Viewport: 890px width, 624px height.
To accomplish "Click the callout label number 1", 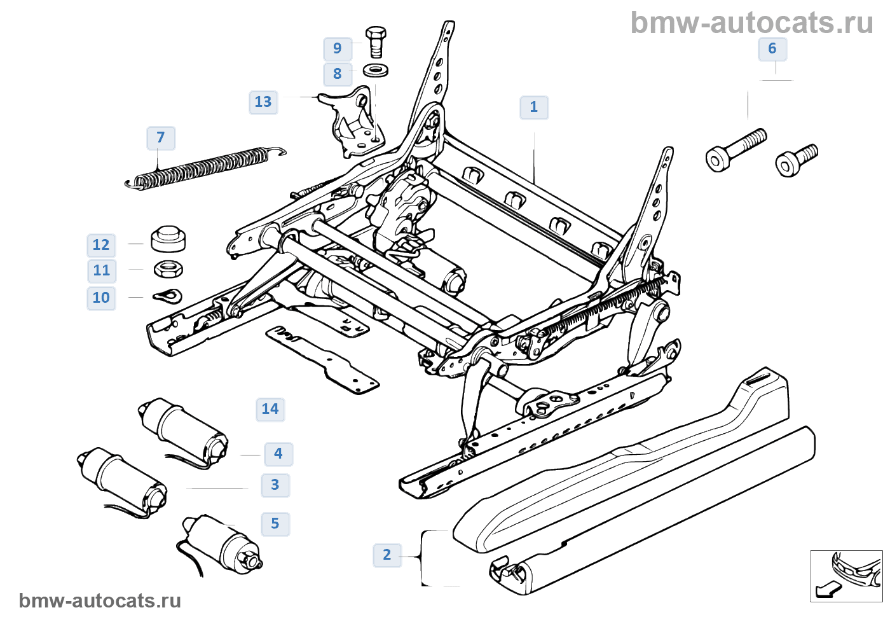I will (x=534, y=107).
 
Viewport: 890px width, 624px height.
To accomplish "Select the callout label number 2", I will (x=387, y=555).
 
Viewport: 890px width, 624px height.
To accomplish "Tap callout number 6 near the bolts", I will (x=772, y=49).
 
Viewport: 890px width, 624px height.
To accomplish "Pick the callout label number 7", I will (x=161, y=138).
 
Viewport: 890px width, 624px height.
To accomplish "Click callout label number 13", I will (x=263, y=102).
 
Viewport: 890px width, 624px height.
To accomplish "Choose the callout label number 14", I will (x=270, y=410).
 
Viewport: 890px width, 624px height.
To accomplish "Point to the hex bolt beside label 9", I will (x=376, y=41).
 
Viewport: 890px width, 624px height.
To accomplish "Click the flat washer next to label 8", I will (x=376, y=70).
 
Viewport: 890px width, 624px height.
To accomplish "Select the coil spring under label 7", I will (x=203, y=167).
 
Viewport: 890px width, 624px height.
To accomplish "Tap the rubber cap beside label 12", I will (x=168, y=239).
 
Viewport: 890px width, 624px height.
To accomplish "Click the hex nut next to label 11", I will (x=168, y=269).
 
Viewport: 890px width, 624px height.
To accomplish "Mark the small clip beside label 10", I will (x=168, y=296).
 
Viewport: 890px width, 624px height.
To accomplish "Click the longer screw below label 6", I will (x=735, y=150).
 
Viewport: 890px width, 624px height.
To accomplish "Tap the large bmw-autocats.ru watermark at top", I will (x=751, y=24).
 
